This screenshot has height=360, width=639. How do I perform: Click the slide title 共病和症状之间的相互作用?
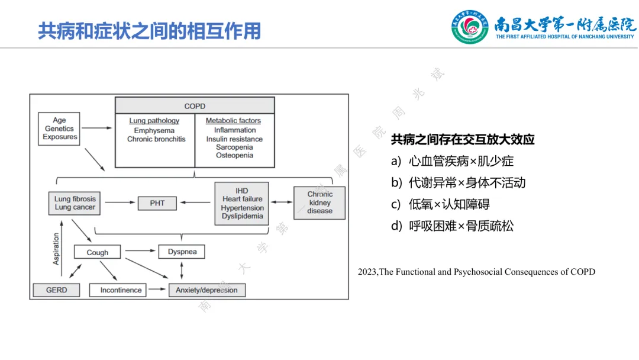click(149, 31)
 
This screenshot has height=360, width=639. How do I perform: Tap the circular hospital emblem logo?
click(470, 27)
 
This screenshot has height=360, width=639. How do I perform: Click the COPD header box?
click(195, 106)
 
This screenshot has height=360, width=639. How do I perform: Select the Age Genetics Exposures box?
click(60, 129)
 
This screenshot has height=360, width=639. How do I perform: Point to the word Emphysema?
click(154, 130)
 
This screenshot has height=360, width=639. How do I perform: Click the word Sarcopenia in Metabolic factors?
click(234, 147)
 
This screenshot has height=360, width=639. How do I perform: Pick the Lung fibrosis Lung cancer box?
click(75, 203)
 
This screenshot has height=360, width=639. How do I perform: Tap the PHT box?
click(157, 203)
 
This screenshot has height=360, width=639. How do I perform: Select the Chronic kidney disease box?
click(319, 202)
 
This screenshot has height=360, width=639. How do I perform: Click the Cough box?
click(98, 252)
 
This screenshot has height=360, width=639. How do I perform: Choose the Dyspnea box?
click(182, 252)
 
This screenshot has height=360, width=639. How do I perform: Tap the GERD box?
click(57, 290)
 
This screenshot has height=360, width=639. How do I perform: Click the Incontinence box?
click(121, 290)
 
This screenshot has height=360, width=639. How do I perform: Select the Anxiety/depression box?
click(206, 290)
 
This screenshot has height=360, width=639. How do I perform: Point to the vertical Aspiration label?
click(57, 248)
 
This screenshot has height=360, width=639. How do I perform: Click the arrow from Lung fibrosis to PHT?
click(118, 203)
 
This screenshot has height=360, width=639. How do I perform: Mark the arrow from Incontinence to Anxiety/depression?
click(157, 290)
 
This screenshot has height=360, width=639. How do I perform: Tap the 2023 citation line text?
click(476, 272)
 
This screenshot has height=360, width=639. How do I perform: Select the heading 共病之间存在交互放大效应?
click(463, 140)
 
